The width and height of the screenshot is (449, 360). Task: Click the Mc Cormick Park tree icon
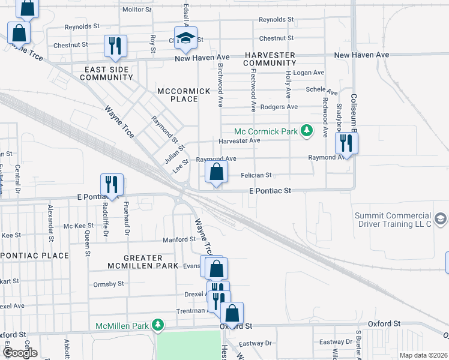click(x=307, y=131)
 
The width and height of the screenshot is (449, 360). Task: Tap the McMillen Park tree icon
click(x=158, y=326)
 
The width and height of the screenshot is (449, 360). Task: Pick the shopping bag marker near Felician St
click(x=216, y=173)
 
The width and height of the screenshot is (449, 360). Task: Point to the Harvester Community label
click(x=270, y=59)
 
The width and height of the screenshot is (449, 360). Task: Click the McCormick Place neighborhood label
click(x=184, y=95)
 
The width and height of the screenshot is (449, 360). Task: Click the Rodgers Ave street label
click(x=284, y=107)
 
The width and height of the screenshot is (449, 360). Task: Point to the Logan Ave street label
click(x=309, y=73)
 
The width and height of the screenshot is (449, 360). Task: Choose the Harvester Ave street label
click(x=239, y=140)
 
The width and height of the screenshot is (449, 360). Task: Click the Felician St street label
click(x=256, y=175)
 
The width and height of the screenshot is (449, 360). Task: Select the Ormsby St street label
click(x=109, y=283)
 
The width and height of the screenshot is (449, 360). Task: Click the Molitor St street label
click(x=137, y=10)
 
